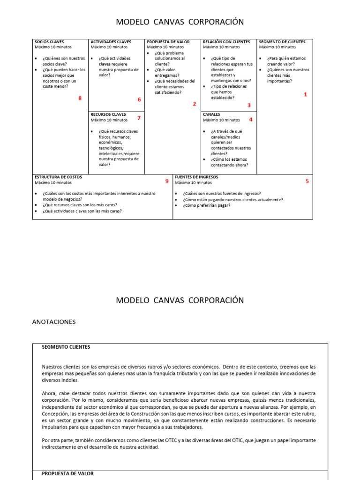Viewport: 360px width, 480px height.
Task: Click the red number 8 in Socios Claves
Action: point(80,98)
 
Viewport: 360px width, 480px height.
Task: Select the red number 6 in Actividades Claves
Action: point(139,100)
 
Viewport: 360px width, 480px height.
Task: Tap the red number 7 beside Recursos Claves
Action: point(139,118)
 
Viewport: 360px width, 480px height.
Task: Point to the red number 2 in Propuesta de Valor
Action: point(195,104)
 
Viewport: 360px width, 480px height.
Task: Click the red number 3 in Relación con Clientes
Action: point(249,105)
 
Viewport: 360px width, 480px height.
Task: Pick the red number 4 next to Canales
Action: point(251,120)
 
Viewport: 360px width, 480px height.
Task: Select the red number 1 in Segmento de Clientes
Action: point(306,95)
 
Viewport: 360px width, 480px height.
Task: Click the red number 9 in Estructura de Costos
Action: point(166,181)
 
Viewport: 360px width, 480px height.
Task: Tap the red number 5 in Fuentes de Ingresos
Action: point(307,181)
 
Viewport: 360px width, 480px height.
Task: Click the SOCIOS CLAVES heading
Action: point(49,42)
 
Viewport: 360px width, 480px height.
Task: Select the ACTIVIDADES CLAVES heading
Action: point(111,42)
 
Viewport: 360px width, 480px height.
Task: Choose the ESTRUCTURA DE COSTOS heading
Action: point(58,177)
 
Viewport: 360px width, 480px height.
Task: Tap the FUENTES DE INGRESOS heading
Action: point(196,177)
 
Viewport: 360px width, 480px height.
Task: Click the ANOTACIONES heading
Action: point(53,322)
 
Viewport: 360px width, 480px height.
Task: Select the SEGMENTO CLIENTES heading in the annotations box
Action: point(66,347)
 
